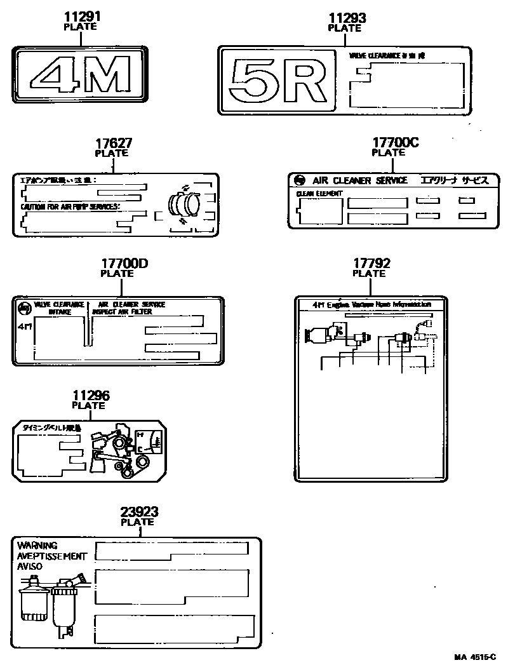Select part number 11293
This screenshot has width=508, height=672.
[x=345, y=18]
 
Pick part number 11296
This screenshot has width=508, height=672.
[x=89, y=396]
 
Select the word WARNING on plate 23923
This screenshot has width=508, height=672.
[x=37, y=546]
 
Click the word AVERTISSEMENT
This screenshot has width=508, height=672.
[x=52, y=556]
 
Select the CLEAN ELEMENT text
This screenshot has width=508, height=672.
[x=319, y=193]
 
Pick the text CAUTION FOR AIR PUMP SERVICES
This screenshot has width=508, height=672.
[x=70, y=207]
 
